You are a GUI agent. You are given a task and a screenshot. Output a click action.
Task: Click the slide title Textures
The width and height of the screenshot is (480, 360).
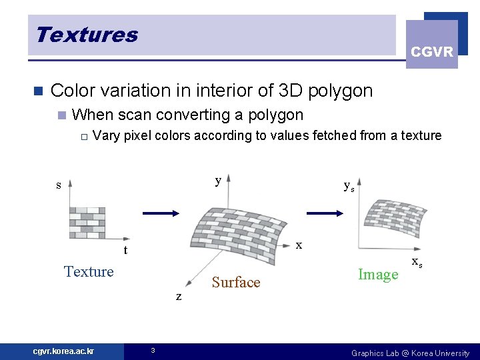point(87,35)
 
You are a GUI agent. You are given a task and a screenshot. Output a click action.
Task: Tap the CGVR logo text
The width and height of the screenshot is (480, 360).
point(432,52)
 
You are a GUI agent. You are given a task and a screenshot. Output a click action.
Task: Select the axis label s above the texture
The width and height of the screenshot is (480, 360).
point(59,185)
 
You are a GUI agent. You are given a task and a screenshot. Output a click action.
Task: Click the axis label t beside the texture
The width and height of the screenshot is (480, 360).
point(125,251)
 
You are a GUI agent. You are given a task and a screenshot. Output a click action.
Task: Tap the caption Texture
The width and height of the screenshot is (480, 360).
point(89,271)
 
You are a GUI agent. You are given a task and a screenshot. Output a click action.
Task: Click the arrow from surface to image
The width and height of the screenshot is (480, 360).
point(325,213)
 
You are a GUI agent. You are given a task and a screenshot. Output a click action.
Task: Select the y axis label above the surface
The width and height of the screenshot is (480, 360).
point(218,181)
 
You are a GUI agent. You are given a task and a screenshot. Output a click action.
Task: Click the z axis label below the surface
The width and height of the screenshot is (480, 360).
point(178,297)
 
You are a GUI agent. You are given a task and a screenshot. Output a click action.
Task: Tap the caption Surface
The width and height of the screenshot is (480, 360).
point(235,283)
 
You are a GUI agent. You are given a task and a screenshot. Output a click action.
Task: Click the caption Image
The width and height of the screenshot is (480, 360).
point(378,274)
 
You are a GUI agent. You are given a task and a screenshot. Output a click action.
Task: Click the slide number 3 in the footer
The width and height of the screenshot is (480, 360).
point(153,351)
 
